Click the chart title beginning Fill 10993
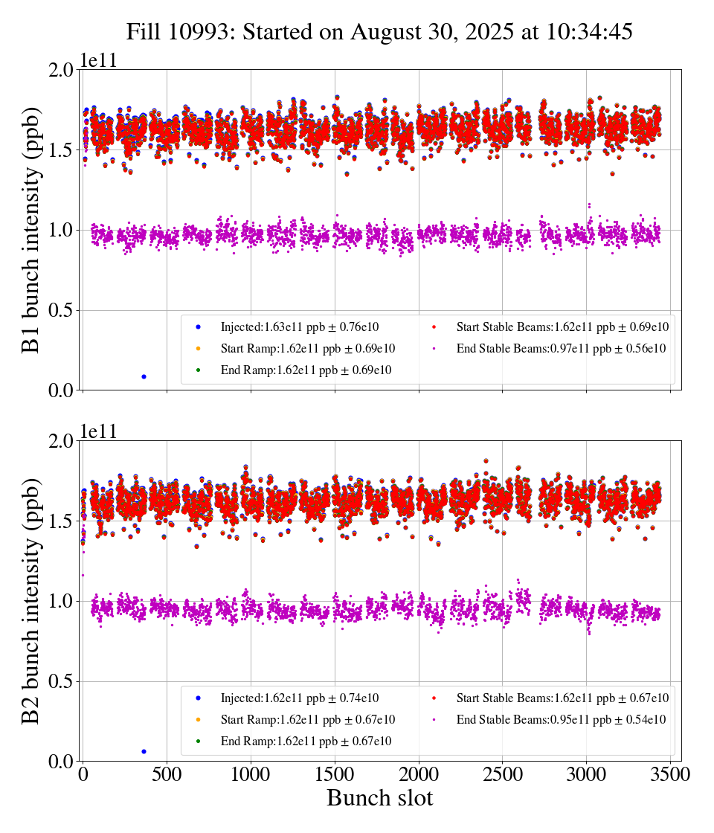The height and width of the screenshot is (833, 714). tap(379, 32)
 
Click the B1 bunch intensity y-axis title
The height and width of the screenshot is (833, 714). tap(31, 230)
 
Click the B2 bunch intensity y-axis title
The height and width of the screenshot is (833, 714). tap(31, 601)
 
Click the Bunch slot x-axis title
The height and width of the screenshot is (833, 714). tap(379, 798)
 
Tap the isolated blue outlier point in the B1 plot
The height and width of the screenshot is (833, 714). tap(144, 376)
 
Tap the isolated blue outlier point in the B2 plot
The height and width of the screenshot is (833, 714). tap(144, 751)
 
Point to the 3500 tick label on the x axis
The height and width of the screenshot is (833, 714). tap(670, 774)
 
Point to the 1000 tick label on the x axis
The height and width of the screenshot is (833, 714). tap(251, 774)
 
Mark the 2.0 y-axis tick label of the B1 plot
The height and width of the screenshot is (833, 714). tap(59, 70)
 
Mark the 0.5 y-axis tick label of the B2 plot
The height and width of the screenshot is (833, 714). tap(59, 682)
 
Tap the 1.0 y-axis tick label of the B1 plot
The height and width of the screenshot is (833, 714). tap(59, 231)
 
